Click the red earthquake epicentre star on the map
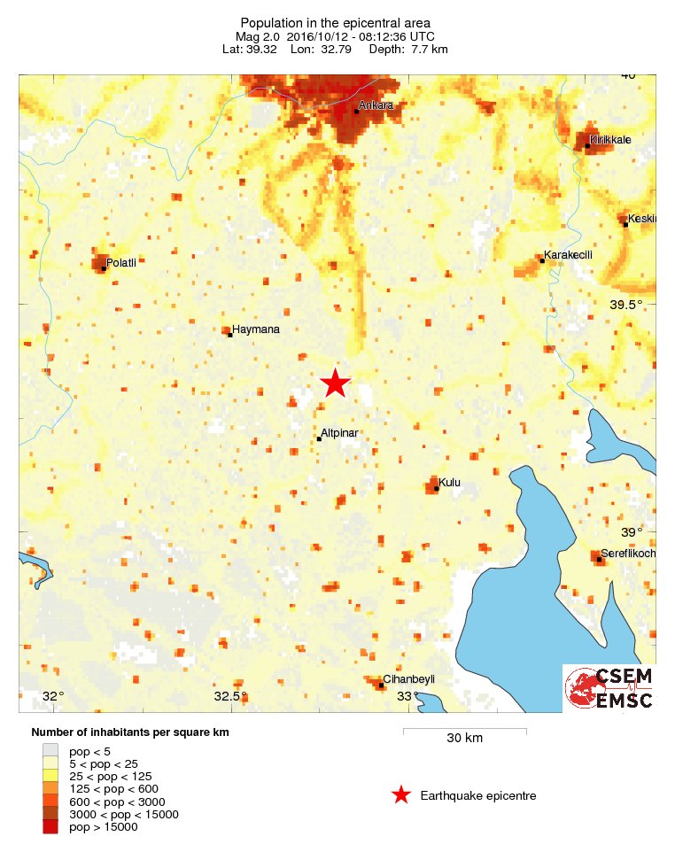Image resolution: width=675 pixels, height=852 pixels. pyautogui.click(x=335, y=383)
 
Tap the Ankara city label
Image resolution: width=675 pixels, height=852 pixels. pyautogui.click(x=376, y=106)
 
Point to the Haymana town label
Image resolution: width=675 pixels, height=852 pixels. pyautogui.click(x=256, y=329)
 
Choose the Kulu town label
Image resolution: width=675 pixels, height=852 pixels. pyautogui.click(x=450, y=483)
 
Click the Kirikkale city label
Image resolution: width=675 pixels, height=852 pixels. pyautogui.click(x=611, y=139)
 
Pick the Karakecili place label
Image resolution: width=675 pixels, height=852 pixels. pyautogui.click(x=567, y=255)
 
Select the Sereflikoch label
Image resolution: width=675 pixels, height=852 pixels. pyautogui.click(x=628, y=554)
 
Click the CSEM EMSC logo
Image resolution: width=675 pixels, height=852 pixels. pyautogui.click(x=609, y=688)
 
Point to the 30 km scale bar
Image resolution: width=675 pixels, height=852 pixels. pyautogui.click(x=465, y=732)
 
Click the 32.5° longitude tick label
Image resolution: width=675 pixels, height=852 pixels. pyautogui.click(x=230, y=696)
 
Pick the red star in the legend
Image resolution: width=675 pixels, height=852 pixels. pyautogui.click(x=401, y=795)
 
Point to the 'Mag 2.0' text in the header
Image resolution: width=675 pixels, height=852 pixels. pyautogui.click(x=257, y=36)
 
